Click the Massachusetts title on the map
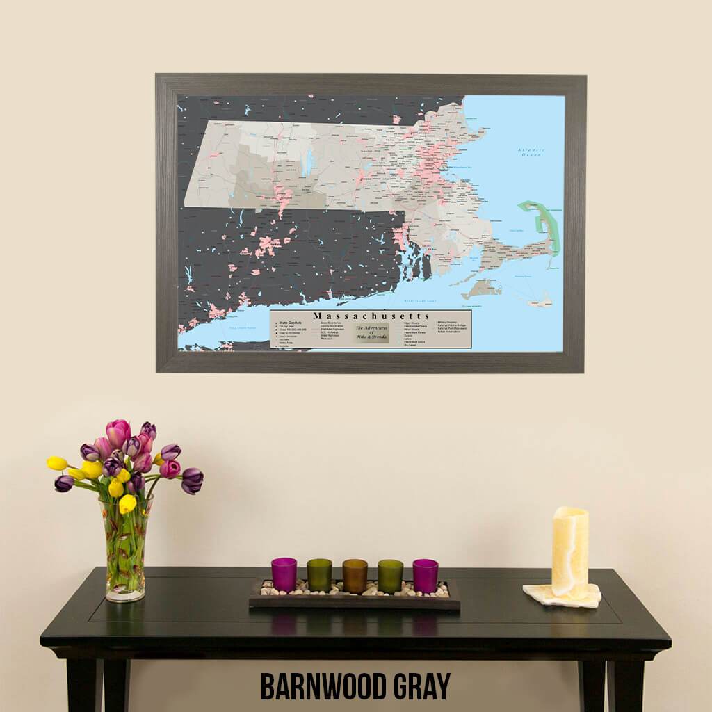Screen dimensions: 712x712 coord(371,316)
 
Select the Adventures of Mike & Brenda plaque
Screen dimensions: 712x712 coord(371,332)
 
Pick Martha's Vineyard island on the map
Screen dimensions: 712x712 coord(479,289)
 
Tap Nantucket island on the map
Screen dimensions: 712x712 coord(540,300)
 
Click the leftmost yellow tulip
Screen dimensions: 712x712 coord(57,463)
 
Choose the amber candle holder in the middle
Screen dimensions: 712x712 coord(355,575)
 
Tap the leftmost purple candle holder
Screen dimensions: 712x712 coord(284,574)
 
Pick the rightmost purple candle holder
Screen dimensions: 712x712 coord(425,575)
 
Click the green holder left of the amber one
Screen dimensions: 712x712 coord(319,575)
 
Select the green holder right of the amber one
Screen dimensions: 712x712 coord(390,575)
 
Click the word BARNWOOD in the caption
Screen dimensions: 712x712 coord(324,686)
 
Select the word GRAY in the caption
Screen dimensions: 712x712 coord(421,686)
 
